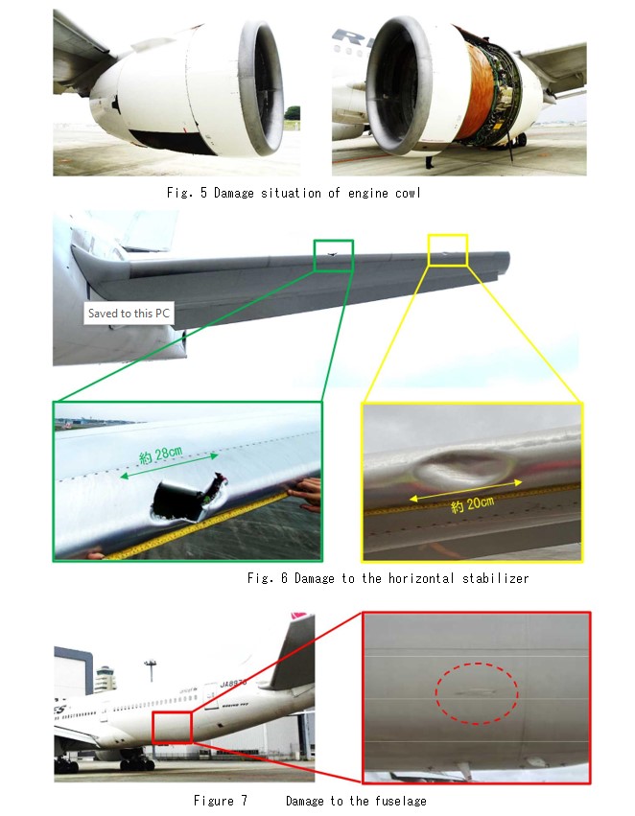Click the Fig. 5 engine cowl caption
[294, 193]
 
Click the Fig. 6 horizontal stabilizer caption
[388, 578]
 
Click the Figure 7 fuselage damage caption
[310, 801]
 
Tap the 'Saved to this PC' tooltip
[129, 314]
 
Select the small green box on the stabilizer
[333, 255]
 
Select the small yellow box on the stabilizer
[447, 249]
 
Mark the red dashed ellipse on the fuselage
[477, 689]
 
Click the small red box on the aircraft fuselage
[173, 726]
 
